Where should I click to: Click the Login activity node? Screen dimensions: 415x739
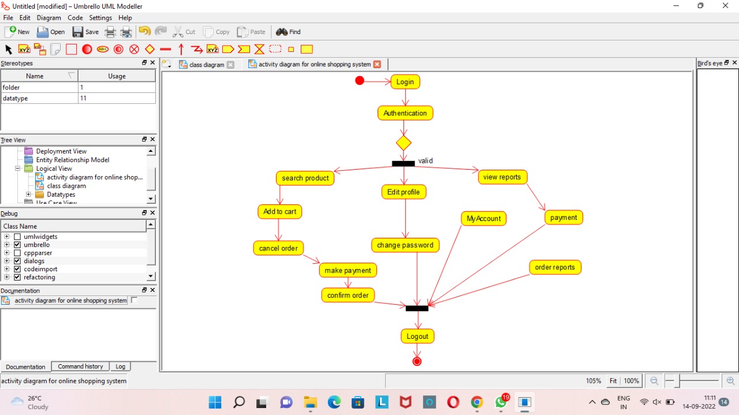[x=405, y=82]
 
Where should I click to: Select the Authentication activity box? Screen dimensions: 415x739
[x=405, y=113]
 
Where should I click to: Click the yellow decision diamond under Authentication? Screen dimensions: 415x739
[x=404, y=143]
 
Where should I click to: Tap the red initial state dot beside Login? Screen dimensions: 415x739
[x=360, y=81]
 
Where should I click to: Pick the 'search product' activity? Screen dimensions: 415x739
[x=305, y=178]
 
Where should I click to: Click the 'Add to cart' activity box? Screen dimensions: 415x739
[x=279, y=212]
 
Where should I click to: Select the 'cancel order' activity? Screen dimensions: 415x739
[x=278, y=248]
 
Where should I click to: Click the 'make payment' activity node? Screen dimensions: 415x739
[x=348, y=270]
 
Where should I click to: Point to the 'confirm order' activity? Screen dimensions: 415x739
[x=348, y=296]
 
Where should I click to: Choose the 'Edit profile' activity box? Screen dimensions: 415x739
[x=404, y=192]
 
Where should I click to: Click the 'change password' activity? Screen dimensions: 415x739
[x=405, y=245]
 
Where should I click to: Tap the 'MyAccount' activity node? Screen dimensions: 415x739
[x=483, y=219]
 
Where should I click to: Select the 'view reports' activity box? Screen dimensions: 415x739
[x=502, y=177]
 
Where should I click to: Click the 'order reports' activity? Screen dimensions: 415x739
[x=554, y=267]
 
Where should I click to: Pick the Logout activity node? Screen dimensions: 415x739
[x=417, y=337]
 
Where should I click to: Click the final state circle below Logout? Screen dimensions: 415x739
[x=417, y=361]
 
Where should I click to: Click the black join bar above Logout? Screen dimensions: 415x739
[x=417, y=308]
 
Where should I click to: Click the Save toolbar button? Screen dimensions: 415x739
[x=85, y=32]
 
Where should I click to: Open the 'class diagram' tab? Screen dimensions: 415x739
[x=206, y=65]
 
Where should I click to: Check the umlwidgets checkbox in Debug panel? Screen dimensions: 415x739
[x=17, y=237]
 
